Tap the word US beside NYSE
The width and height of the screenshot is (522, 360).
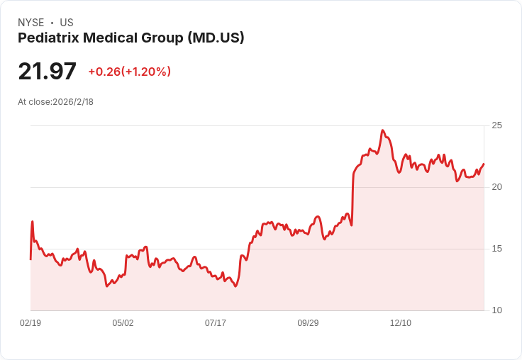(x=67, y=23)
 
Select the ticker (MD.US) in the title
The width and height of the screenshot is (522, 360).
(x=216, y=38)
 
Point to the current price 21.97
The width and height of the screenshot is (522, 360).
(x=47, y=72)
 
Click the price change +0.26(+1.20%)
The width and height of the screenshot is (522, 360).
(x=129, y=72)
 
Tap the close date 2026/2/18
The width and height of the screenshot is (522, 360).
(x=73, y=102)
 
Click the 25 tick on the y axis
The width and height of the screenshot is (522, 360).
(x=497, y=125)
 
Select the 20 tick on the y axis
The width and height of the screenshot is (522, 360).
(x=497, y=187)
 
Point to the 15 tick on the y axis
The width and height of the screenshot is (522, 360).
(x=497, y=249)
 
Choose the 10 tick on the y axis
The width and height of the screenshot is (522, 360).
(x=497, y=310)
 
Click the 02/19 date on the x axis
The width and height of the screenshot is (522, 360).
(x=30, y=323)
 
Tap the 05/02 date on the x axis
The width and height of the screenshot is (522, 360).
(x=123, y=323)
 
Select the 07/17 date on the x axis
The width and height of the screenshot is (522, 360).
(x=216, y=323)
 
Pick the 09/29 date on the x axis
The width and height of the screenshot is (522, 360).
(x=308, y=323)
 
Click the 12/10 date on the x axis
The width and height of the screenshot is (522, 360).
(x=401, y=323)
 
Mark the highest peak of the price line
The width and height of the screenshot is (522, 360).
(x=382, y=130)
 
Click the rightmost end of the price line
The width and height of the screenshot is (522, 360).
(x=484, y=164)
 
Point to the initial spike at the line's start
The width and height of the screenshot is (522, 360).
(x=32, y=222)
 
